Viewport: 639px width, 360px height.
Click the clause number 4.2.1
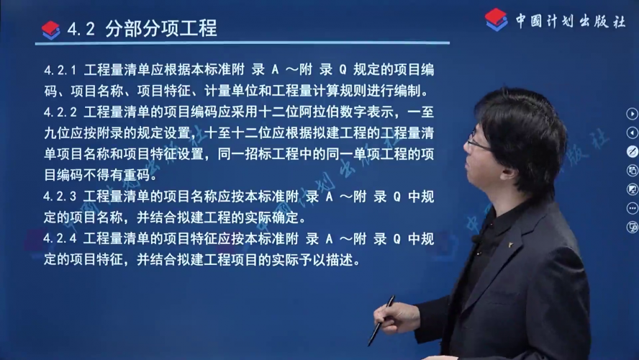60,70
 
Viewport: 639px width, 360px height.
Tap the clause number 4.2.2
60,112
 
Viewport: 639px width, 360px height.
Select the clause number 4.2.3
60,197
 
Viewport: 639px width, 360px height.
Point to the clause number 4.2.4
60,238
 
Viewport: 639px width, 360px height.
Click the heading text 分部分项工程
161,29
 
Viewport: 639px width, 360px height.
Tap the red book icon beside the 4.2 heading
51,30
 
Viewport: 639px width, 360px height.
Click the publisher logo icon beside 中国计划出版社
496,19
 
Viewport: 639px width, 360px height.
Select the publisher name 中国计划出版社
571,21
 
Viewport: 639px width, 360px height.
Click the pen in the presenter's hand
381,321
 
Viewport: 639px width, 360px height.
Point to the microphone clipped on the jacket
476,239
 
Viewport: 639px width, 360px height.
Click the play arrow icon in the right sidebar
632,114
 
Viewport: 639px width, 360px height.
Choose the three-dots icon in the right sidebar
632,208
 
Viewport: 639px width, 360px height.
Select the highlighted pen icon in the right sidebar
632,152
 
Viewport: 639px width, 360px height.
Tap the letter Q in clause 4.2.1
343,70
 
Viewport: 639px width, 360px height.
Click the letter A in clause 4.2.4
330,239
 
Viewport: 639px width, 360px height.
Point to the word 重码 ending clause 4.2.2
137,175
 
